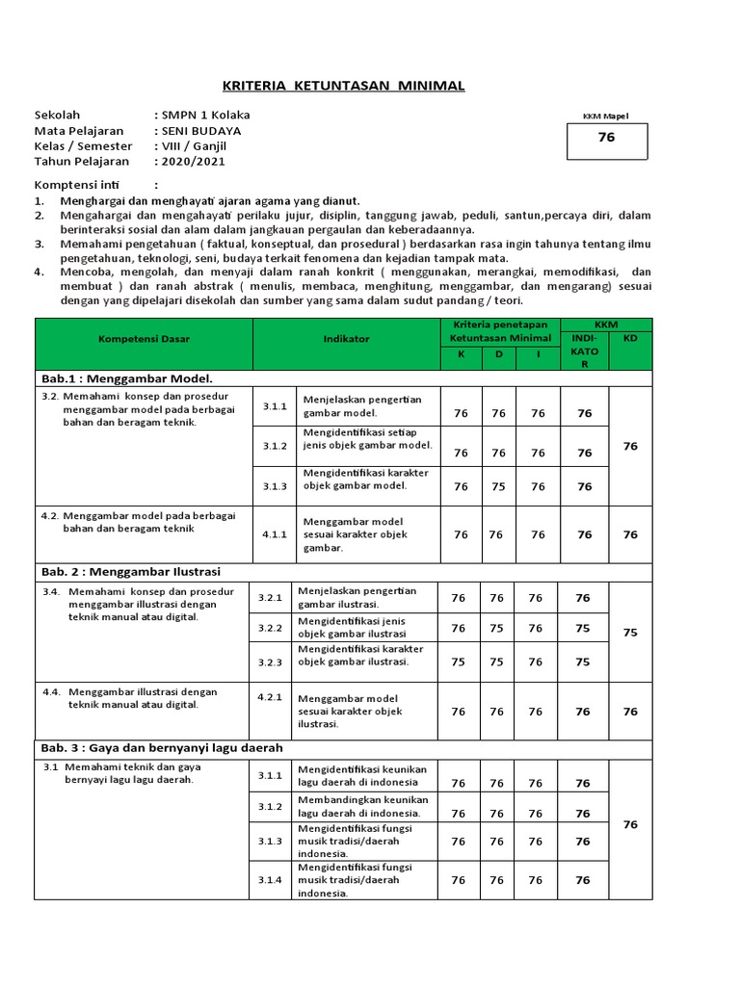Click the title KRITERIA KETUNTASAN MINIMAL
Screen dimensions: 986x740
click(343, 86)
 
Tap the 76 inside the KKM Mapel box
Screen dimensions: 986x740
click(606, 138)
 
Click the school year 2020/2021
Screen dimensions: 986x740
click(197, 161)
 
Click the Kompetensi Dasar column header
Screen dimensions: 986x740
click(143, 339)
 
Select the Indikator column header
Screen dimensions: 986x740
click(346, 339)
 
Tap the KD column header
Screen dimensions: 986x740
click(630, 339)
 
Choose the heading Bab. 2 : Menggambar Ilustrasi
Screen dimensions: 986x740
click(131, 571)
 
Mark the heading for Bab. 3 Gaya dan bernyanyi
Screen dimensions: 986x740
click(161, 747)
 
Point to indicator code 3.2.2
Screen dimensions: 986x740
click(270, 628)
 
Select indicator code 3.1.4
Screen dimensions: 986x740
click(270, 879)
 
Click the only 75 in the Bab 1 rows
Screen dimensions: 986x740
click(497, 486)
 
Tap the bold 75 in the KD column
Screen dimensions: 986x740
click(630, 633)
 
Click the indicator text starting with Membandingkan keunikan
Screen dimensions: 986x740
click(363, 806)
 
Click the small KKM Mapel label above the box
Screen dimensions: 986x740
click(605, 116)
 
